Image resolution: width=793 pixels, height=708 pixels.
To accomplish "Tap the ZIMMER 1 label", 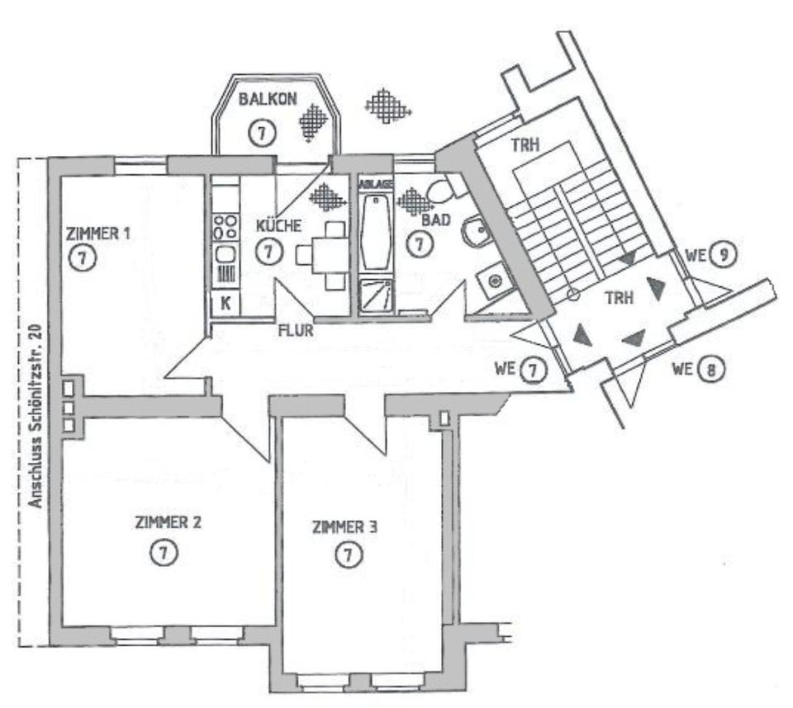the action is [x=97, y=234].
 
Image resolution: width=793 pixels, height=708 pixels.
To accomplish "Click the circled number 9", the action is [x=723, y=255].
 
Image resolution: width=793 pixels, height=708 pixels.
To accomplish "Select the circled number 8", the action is [x=710, y=368].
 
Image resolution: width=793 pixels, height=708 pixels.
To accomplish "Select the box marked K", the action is [x=224, y=302].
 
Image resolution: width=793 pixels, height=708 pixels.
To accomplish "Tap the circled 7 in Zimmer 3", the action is [x=349, y=555].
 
